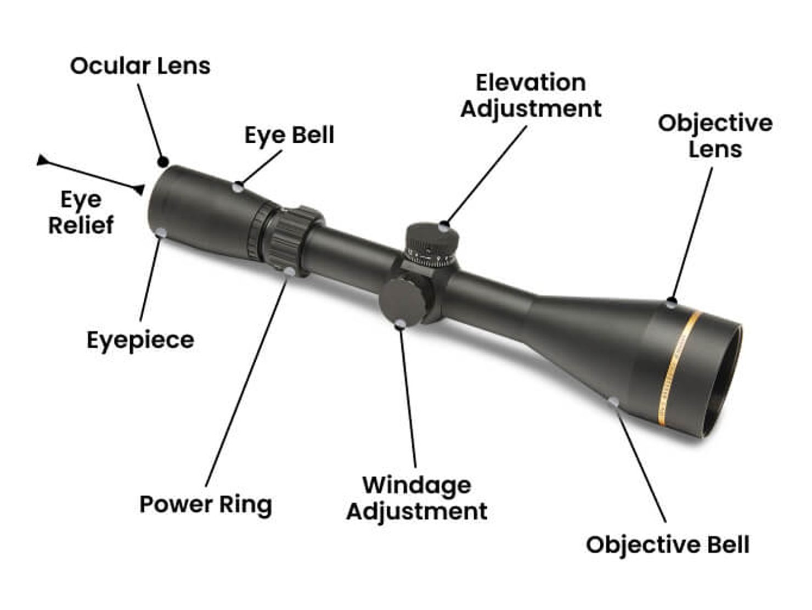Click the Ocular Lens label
tap(140, 66)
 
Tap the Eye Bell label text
tap(289, 135)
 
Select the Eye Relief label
tap(81, 212)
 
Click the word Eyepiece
tap(140, 340)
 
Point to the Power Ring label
tap(206, 504)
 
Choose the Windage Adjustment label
tap(416, 498)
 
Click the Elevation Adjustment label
tap(531, 96)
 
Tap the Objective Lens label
tap(715, 136)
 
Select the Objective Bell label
tap(667, 545)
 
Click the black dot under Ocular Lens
tap(163, 162)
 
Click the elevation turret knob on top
tap(432, 242)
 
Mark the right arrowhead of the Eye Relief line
tap(139, 189)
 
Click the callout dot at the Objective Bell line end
tap(613, 402)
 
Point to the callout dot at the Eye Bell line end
tap(238, 187)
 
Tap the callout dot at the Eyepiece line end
tap(161, 233)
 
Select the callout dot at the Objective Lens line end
tap(672, 303)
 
